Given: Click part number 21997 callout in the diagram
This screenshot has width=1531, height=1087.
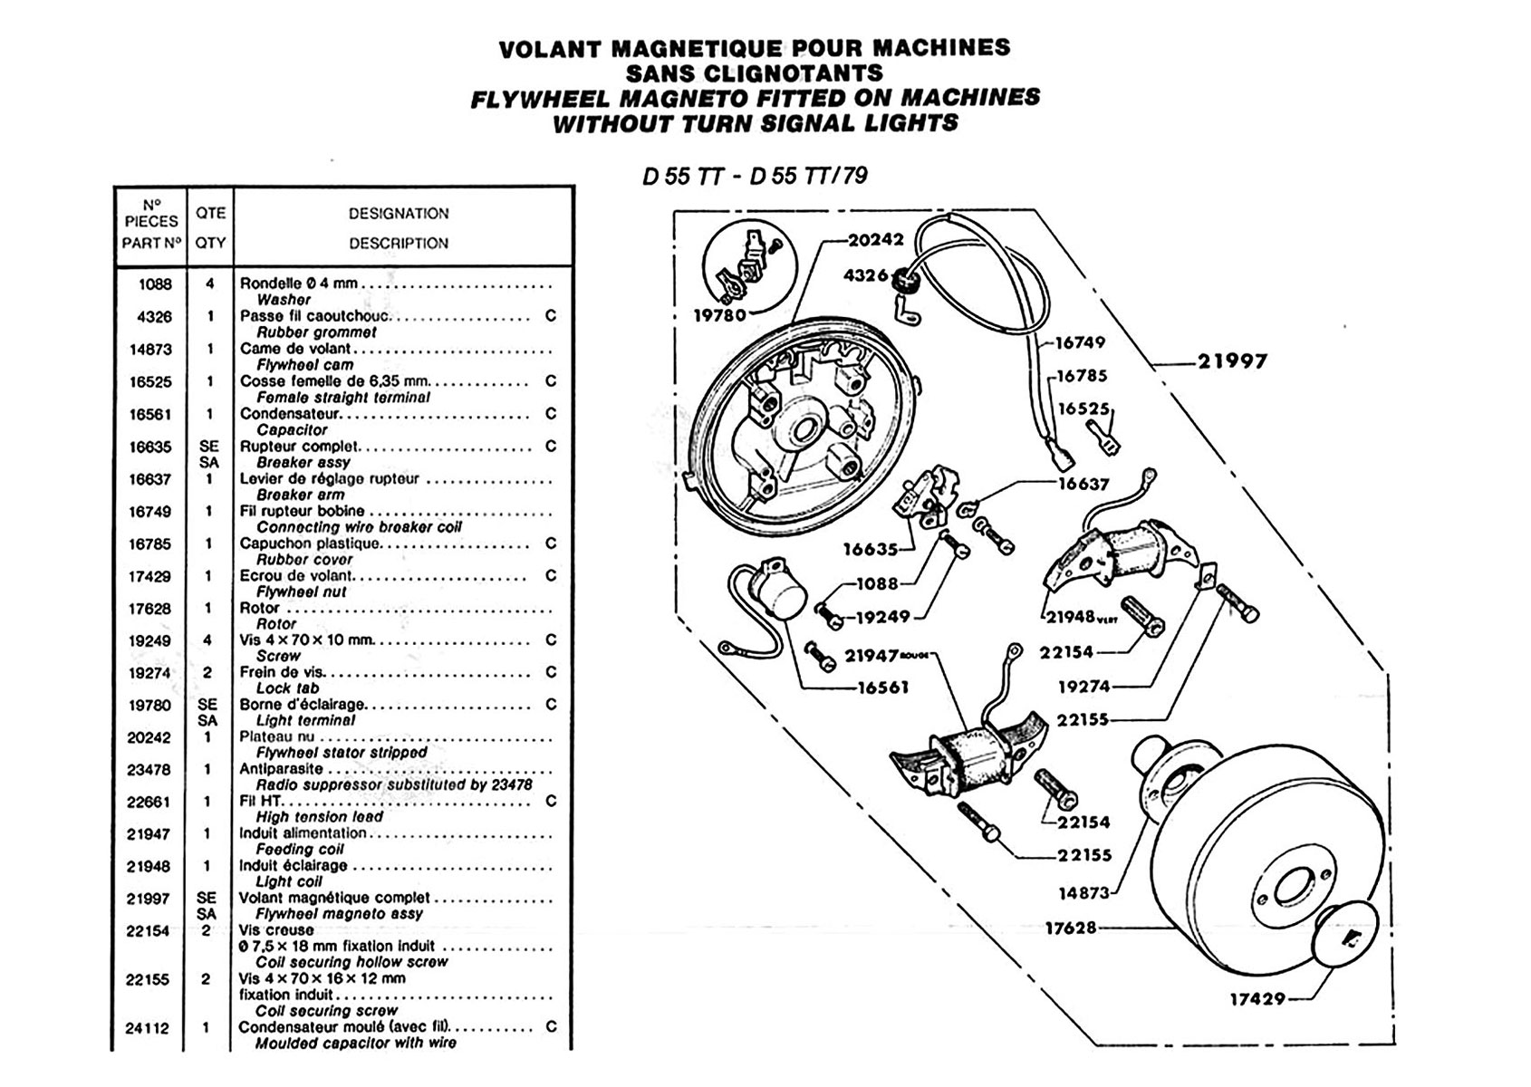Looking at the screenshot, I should point(1232,361).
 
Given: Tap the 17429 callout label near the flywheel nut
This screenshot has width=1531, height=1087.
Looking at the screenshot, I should point(1257,999).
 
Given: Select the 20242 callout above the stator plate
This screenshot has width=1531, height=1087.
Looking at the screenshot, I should point(876,240).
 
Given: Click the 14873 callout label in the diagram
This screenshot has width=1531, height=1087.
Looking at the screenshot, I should point(1083,893).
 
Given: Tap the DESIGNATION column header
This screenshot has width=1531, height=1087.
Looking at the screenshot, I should point(399,214).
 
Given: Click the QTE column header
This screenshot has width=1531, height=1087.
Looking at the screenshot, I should point(210,213).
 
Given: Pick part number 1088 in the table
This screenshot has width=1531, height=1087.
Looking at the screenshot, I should point(155,284).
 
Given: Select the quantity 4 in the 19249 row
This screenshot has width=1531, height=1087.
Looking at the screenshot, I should point(209,640).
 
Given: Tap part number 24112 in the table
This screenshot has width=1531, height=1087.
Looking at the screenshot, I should point(148,1028).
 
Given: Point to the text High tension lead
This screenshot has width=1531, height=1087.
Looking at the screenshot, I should point(320,817).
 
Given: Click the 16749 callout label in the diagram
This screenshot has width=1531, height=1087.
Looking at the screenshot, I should point(1081,343).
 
